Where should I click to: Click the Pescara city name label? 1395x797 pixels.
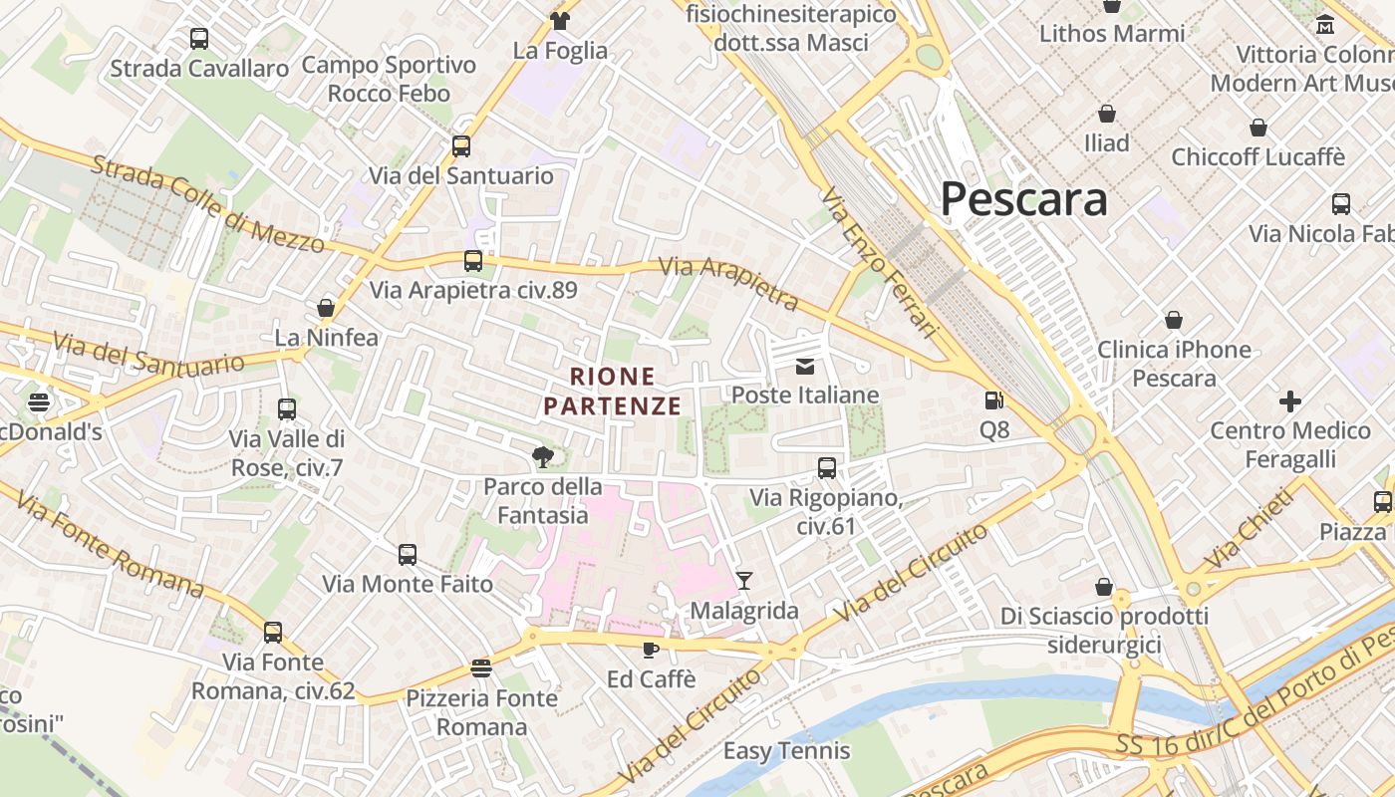(x=1023, y=198)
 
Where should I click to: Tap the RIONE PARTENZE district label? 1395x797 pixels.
(x=626, y=392)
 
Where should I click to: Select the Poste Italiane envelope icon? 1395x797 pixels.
(x=805, y=367)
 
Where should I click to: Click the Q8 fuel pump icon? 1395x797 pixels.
(x=993, y=400)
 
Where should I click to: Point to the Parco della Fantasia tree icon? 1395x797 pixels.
(x=543, y=457)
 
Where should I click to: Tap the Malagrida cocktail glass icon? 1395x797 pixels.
(x=744, y=580)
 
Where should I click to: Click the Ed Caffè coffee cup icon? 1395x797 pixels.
(x=651, y=650)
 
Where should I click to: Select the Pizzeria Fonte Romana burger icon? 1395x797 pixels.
(x=481, y=667)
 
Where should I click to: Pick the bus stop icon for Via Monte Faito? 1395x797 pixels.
(x=408, y=554)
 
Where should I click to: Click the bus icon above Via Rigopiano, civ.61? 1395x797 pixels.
(x=827, y=467)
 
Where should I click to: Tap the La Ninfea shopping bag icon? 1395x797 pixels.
(x=326, y=308)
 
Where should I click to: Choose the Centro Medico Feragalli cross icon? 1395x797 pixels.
(x=1290, y=401)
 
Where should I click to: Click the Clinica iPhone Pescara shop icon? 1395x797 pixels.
(x=1174, y=320)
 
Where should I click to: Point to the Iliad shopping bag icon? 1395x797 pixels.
(x=1107, y=114)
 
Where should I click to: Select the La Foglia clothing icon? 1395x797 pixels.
(x=559, y=20)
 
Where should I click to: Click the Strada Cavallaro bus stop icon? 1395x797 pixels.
(x=199, y=39)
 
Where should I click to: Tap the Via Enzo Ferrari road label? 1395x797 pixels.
(x=881, y=262)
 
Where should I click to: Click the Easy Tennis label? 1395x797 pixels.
(x=787, y=750)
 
